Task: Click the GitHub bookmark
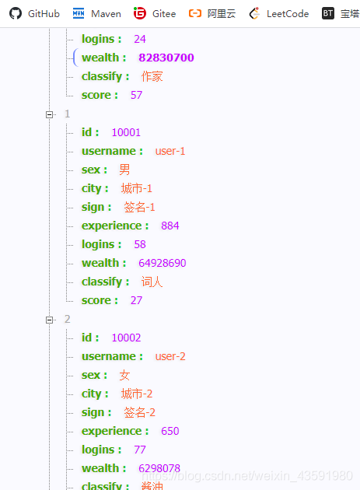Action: tap(34, 13)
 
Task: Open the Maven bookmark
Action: tap(96, 13)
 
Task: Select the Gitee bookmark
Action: tap(155, 13)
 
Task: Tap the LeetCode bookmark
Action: tap(279, 13)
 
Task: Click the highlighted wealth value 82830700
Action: tap(166, 58)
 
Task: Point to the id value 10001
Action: tap(126, 132)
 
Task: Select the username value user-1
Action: tap(170, 151)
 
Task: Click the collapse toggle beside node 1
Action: tap(49, 114)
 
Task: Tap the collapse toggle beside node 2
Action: tap(49, 320)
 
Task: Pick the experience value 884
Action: tap(170, 226)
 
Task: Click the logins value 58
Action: tap(140, 244)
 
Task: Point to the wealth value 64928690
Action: tap(163, 263)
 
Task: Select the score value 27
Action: tap(136, 300)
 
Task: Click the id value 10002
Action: tap(126, 338)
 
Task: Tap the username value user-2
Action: tap(170, 356)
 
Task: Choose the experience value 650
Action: tap(170, 431)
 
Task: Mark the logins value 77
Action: tap(140, 450)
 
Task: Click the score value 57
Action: tap(136, 95)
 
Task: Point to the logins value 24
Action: tap(140, 39)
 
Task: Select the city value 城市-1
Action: tap(137, 188)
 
